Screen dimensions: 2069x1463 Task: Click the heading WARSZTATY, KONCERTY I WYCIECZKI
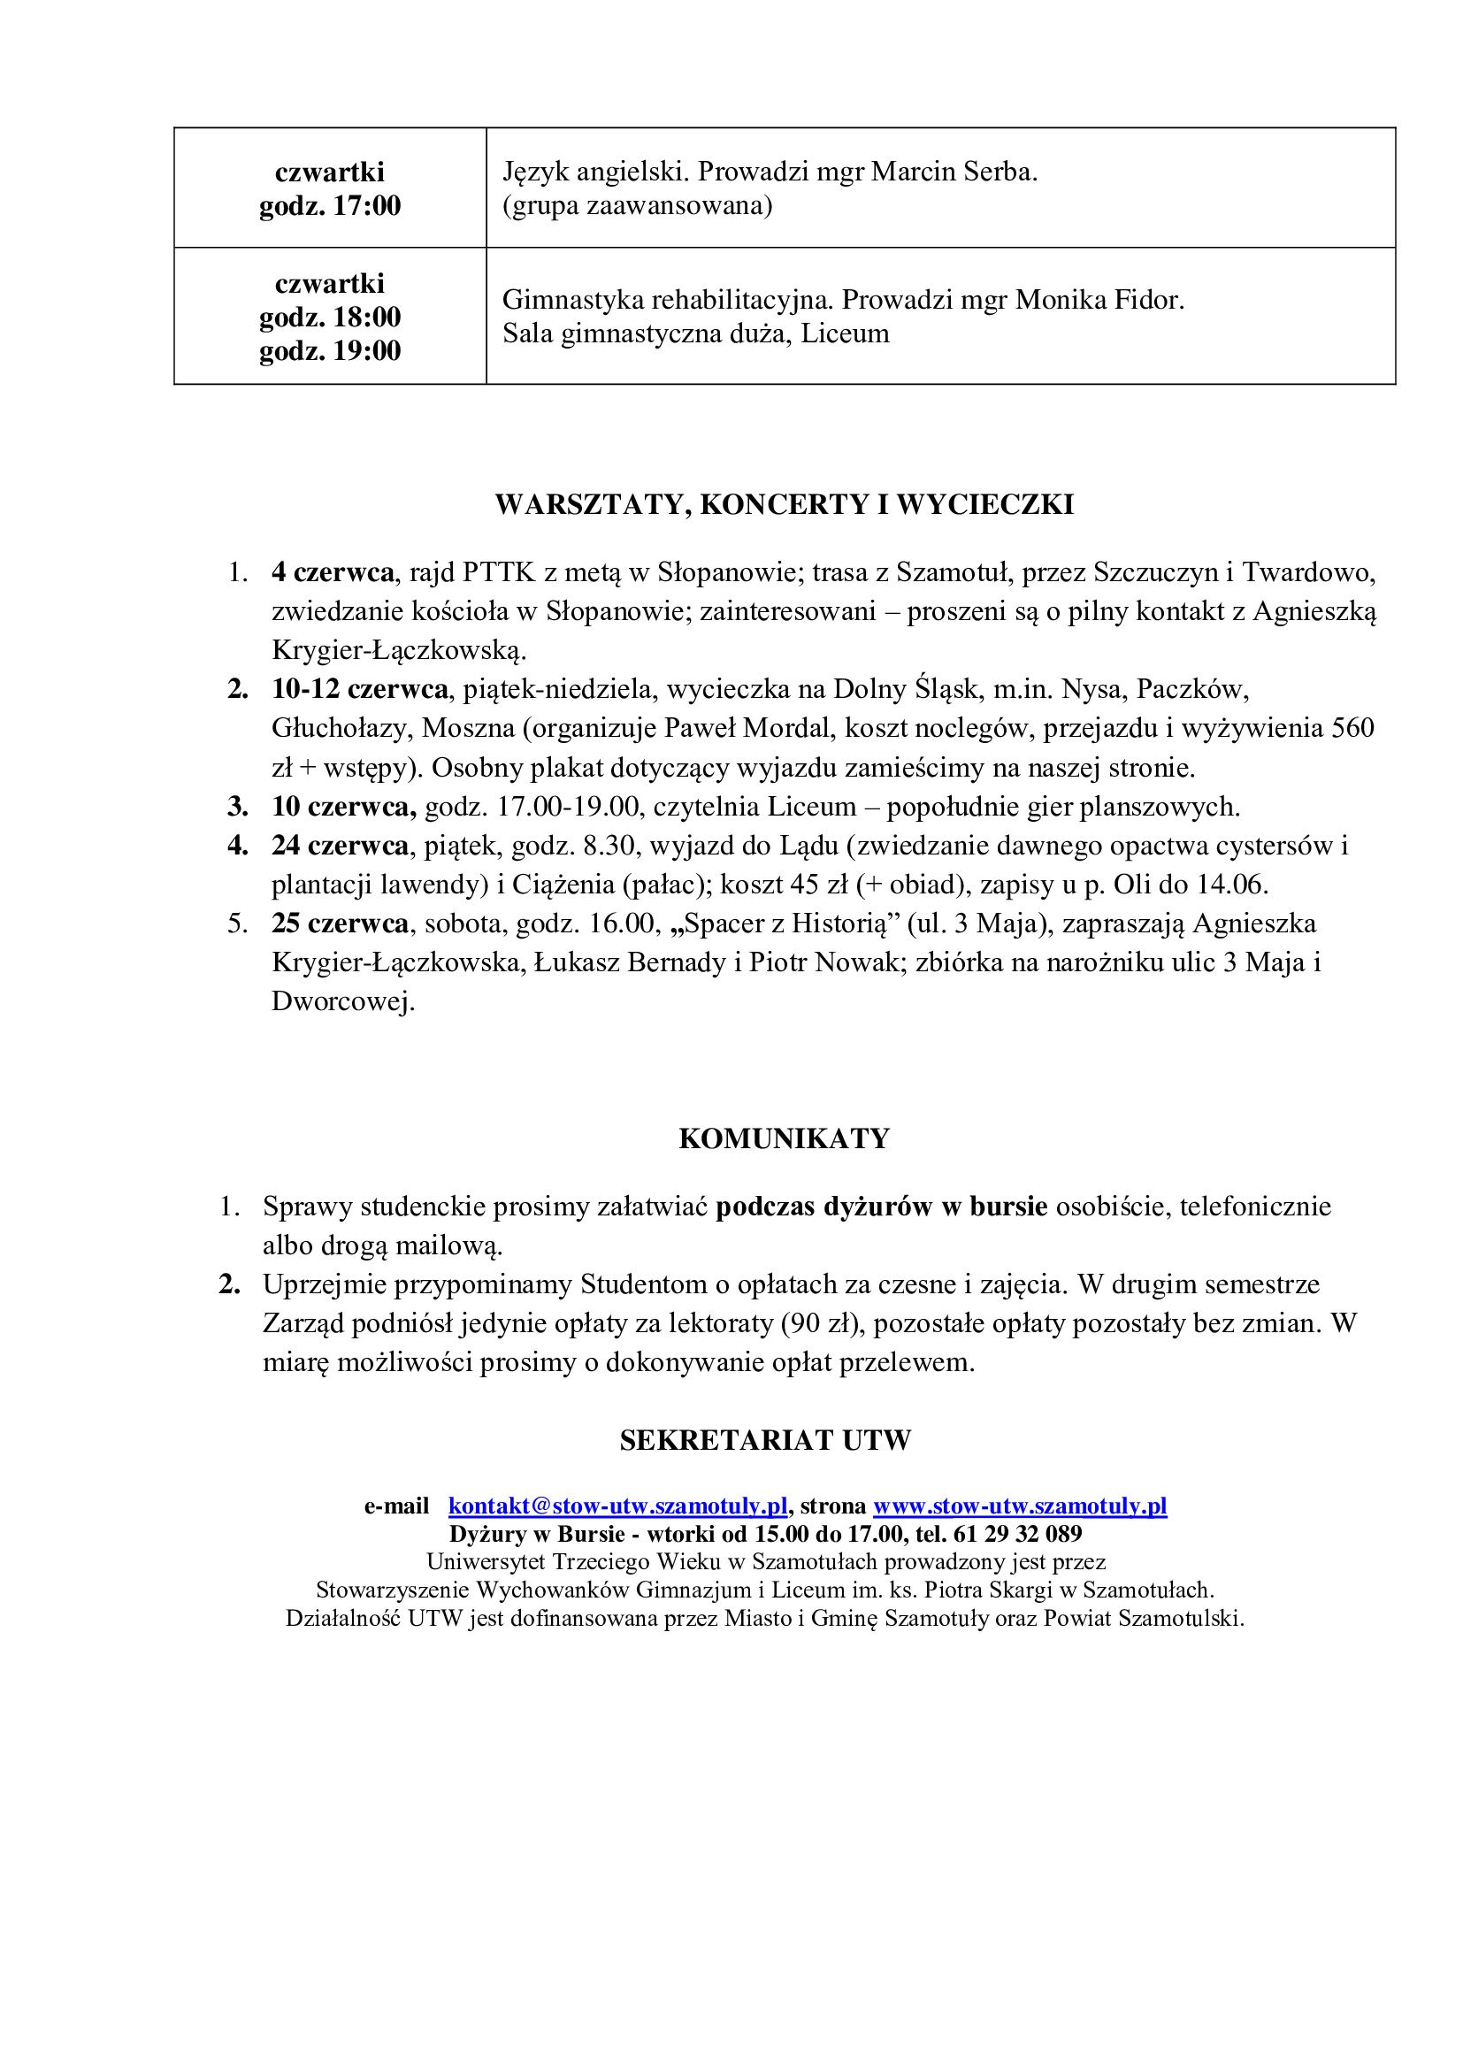784,504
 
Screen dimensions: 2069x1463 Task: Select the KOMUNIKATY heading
784,1138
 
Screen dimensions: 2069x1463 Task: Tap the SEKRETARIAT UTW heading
765,1440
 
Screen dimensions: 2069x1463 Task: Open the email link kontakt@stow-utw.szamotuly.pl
618,1506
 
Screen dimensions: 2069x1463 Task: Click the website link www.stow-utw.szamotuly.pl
1020,1506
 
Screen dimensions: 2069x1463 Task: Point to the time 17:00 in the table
367,206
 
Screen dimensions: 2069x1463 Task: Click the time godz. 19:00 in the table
330,350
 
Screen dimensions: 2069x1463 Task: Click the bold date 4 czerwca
333,572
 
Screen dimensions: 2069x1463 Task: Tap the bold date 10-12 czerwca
359,689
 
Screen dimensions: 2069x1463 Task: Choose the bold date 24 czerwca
340,846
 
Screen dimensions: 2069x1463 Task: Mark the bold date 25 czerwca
340,923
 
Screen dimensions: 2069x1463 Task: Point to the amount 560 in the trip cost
1352,728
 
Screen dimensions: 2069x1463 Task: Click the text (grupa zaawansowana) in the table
637,206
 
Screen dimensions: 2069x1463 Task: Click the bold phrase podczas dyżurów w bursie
881,1207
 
